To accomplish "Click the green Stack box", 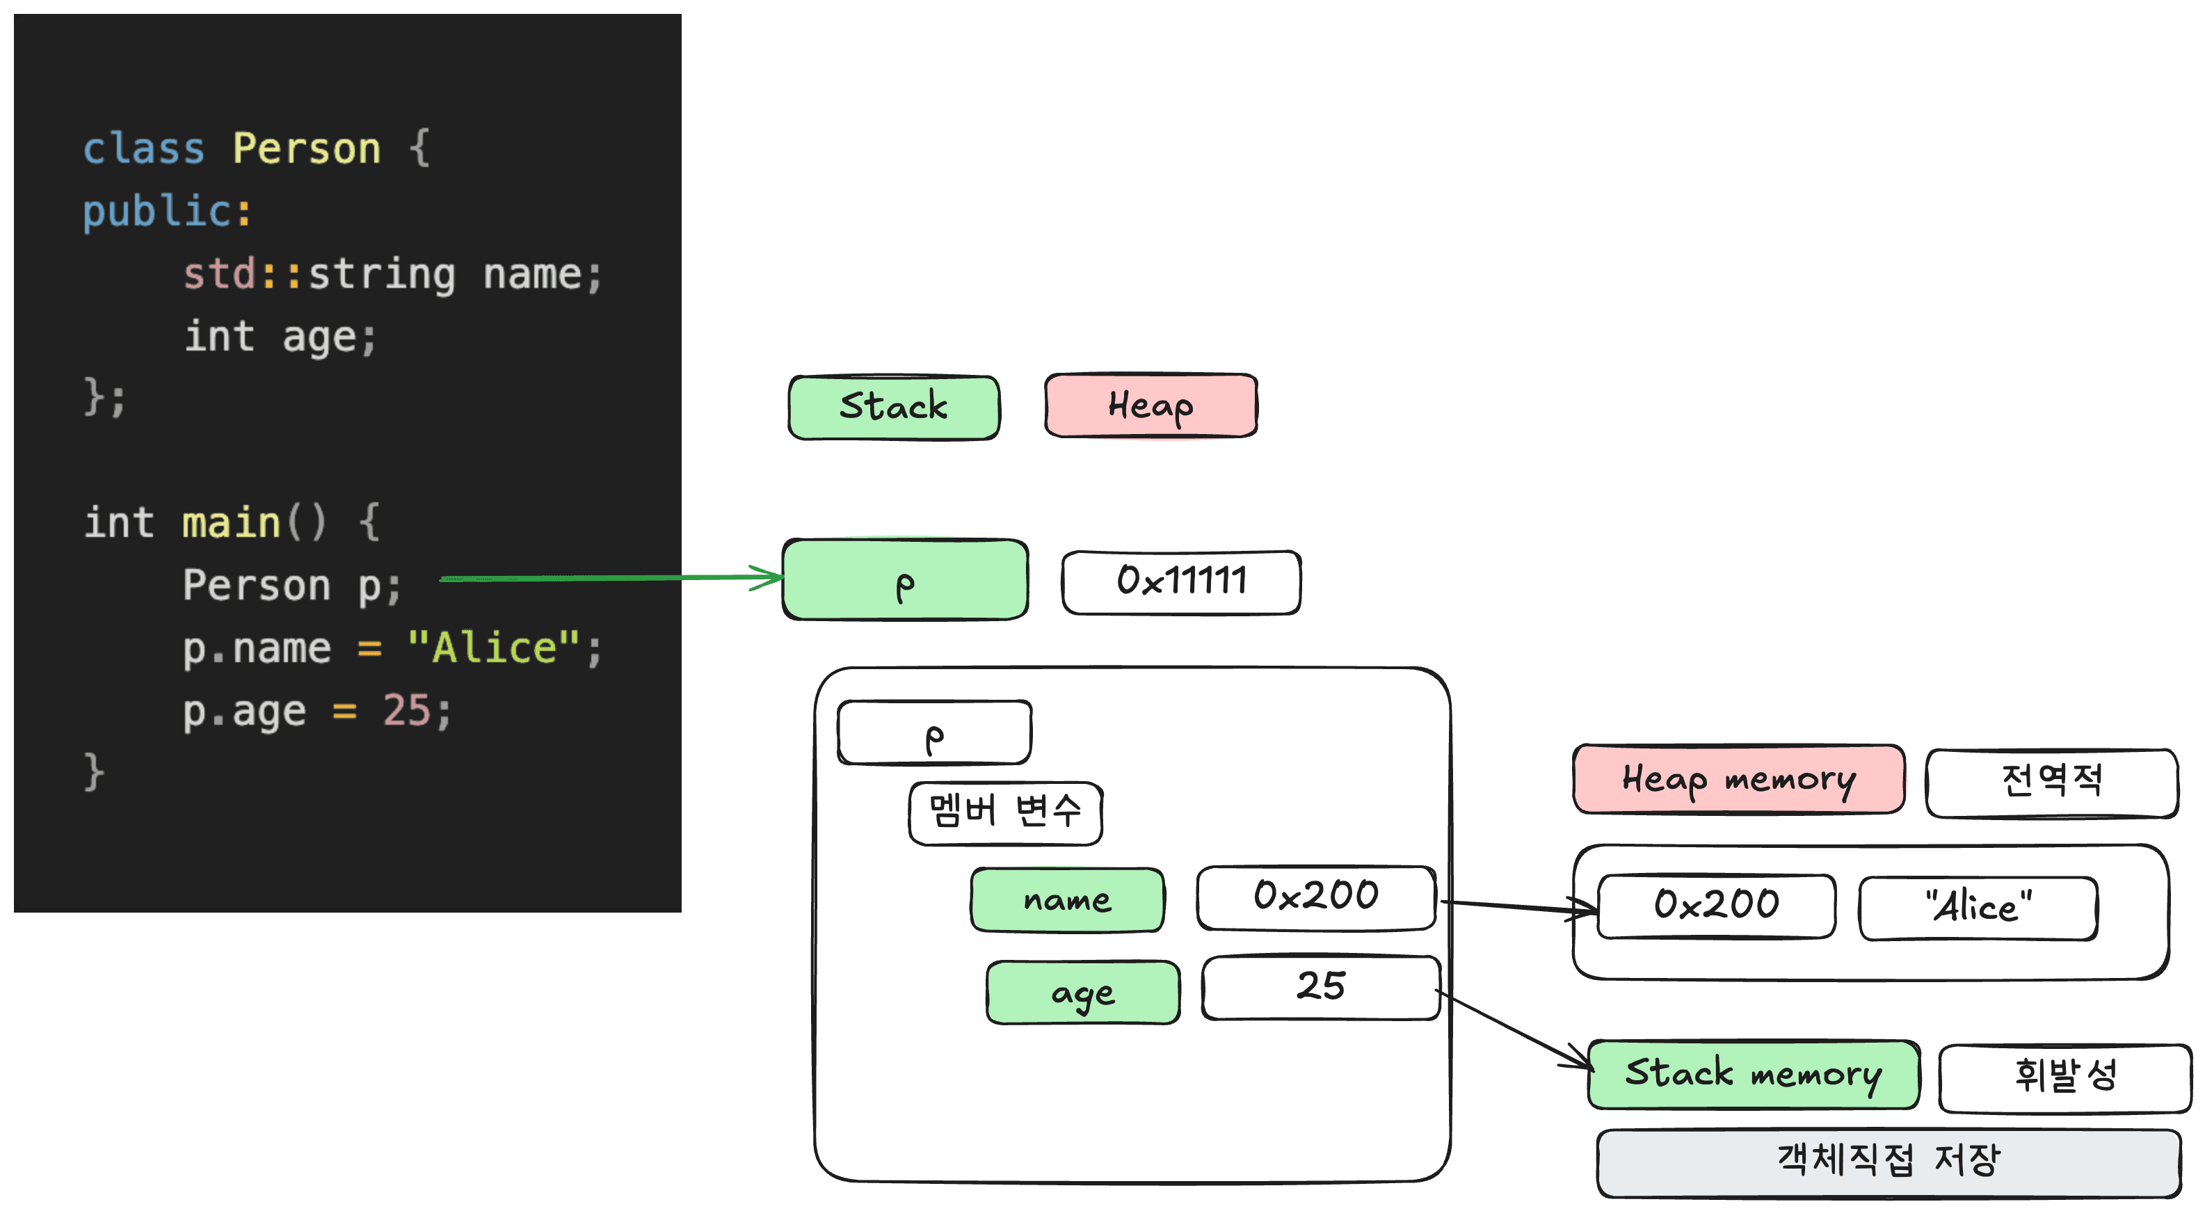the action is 894,408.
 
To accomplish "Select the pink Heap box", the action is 1151,405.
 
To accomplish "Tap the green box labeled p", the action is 906,579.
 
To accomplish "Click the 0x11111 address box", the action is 1181,582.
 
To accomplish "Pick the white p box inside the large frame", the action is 935,732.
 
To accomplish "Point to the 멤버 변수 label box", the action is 1006,813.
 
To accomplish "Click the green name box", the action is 1068,899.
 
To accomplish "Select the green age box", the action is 1083,993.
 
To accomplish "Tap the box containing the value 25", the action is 1321,988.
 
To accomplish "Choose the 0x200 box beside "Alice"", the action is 1716,906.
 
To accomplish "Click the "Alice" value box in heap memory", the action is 1978,908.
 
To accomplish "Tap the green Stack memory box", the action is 1754,1075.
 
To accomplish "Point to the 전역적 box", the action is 2052,783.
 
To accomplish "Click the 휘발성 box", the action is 2065,1078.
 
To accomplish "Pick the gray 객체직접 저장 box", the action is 1889,1163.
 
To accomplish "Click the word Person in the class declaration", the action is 307,149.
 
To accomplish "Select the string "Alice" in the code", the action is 494,647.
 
